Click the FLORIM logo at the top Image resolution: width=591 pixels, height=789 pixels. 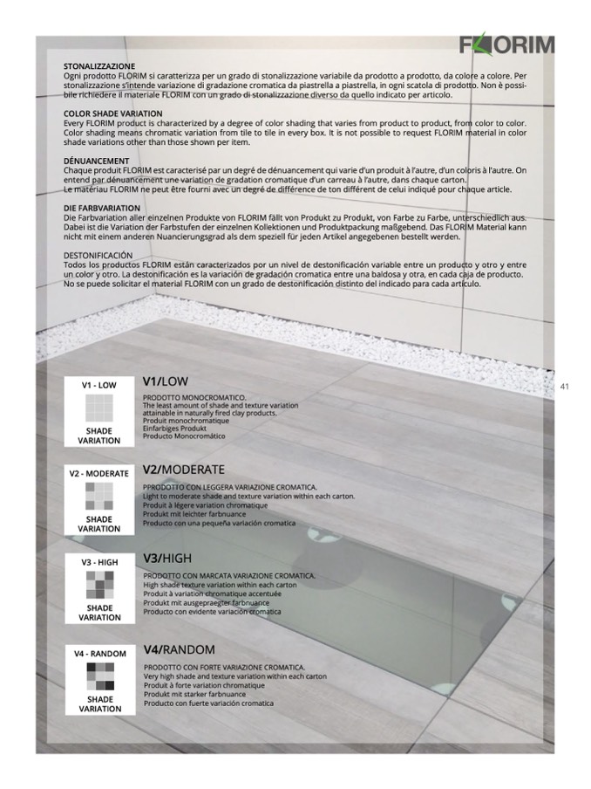point(506,44)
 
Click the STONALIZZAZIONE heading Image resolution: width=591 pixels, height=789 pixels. point(99,66)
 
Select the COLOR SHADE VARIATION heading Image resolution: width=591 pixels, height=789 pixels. point(112,113)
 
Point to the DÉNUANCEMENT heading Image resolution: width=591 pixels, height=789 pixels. point(96,161)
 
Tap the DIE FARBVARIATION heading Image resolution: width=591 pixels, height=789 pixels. point(102,209)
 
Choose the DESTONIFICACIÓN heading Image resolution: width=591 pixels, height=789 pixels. point(100,255)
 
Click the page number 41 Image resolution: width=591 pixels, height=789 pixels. point(564,386)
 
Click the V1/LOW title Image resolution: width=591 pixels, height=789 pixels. point(165,381)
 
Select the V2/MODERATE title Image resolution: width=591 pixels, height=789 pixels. point(184,469)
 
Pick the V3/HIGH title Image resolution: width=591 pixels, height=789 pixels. point(167,558)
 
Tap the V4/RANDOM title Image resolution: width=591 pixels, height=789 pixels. point(179,649)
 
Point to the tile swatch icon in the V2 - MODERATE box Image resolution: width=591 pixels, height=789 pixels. point(98,496)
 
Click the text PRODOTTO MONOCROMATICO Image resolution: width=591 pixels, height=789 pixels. point(194,398)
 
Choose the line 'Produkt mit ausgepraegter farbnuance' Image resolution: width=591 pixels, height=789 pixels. point(207,602)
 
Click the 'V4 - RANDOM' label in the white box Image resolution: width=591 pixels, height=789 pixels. point(99,653)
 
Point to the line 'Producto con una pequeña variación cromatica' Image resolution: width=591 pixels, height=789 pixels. point(219,524)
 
